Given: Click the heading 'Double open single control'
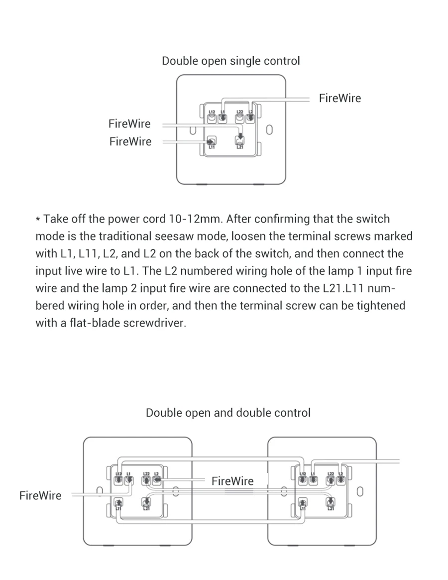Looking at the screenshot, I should click(230, 61).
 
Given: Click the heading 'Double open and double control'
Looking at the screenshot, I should click(228, 413).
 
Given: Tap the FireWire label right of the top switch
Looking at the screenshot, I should click(340, 98).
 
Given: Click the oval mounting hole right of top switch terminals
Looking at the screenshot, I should click(269, 130).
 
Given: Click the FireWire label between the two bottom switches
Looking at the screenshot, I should click(232, 481).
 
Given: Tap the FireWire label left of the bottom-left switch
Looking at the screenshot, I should click(40, 495).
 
